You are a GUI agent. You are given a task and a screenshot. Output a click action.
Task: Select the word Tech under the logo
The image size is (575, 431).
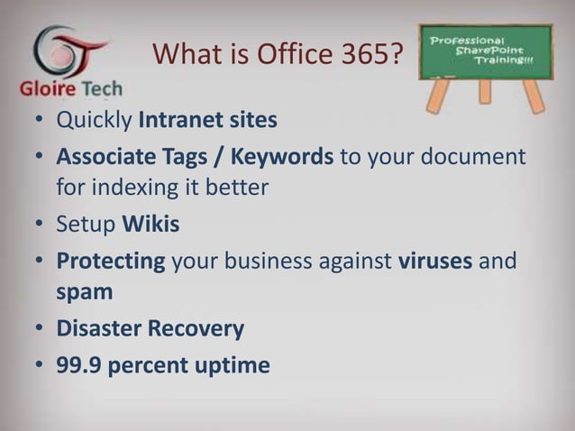point(103,93)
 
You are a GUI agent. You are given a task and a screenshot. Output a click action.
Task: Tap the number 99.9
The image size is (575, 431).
point(78,366)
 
